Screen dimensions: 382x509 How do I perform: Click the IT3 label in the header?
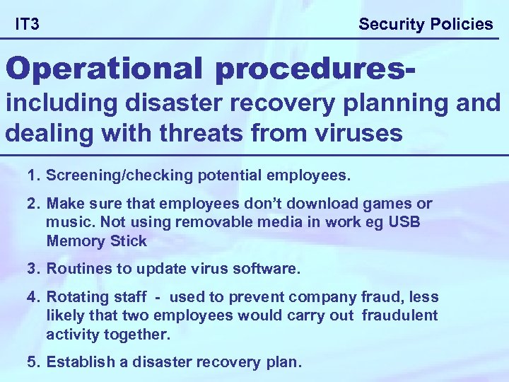click(x=27, y=25)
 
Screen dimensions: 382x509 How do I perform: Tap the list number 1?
click(x=33, y=174)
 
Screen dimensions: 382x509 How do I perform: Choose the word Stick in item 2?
click(x=129, y=241)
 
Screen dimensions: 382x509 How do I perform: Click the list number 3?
click(x=33, y=270)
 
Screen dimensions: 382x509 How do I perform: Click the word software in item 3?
click(x=269, y=270)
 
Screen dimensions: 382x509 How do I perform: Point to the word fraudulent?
click(x=399, y=316)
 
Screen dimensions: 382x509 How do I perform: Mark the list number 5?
click(x=33, y=363)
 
